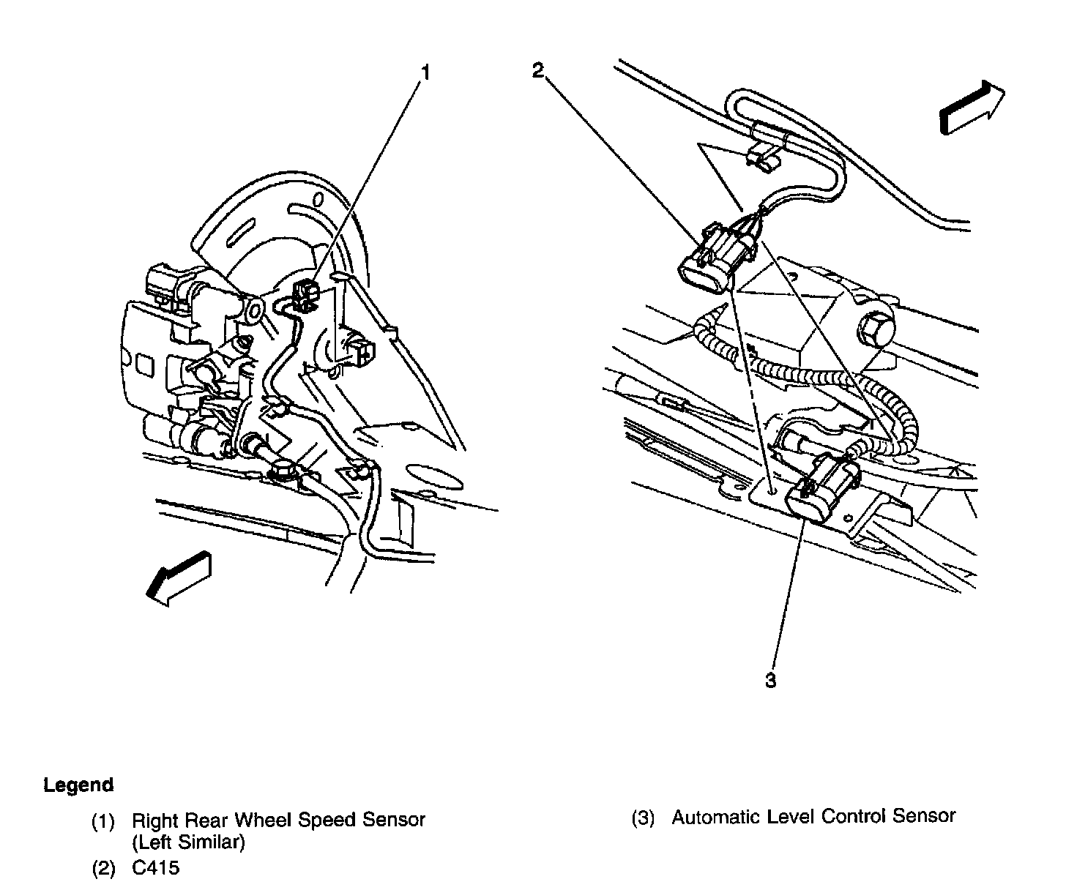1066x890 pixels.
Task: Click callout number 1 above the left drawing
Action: [425, 72]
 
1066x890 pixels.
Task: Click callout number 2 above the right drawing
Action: [538, 70]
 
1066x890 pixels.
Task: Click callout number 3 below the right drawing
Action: [770, 681]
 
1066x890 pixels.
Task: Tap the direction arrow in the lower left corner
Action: [178, 578]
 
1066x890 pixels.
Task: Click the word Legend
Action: [78, 785]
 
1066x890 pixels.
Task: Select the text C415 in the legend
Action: [155, 869]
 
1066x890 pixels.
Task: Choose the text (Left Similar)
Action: [188, 842]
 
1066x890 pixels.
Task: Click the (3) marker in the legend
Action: [642, 817]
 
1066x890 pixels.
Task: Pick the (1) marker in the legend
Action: [102, 820]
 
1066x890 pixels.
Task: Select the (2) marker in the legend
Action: [102, 870]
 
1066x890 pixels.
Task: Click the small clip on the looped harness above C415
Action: [761, 158]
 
